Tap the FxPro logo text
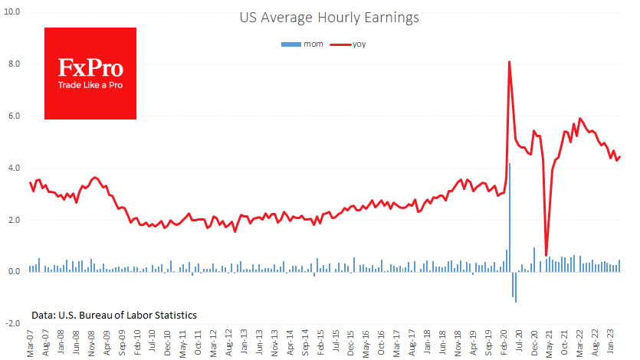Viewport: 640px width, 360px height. pyautogui.click(x=90, y=67)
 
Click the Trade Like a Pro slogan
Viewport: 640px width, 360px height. pyautogui.click(x=90, y=85)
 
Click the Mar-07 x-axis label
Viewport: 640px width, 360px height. pyautogui.click(x=30, y=343)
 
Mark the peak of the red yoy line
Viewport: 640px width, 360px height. pyautogui.click(x=510, y=62)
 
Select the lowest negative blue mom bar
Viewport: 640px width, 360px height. pyautogui.click(x=516, y=286)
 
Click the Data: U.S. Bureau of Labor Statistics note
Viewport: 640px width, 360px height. pyautogui.click(x=114, y=315)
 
